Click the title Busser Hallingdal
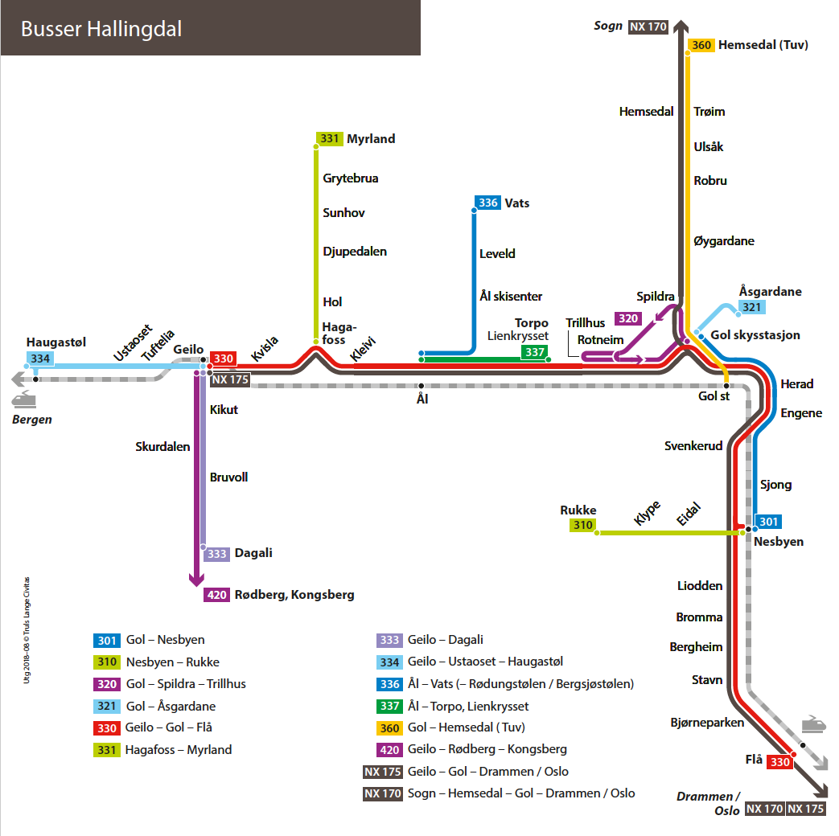point(101,30)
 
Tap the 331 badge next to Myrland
point(329,139)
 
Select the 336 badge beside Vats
point(488,203)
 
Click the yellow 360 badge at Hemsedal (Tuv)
point(701,45)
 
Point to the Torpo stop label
point(532,323)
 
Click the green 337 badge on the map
point(534,352)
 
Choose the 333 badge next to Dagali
point(217,554)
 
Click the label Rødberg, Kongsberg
point(294,595)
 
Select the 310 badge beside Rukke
point(582,526)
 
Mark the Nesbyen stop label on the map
point(779,542)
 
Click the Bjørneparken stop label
point(707,722)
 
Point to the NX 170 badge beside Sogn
point(648,27)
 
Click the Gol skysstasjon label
point(755,335)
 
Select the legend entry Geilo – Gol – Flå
point(169,727)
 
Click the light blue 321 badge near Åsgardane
point(752,308)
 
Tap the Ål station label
point(422,398)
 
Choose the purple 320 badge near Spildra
point(628,318)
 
